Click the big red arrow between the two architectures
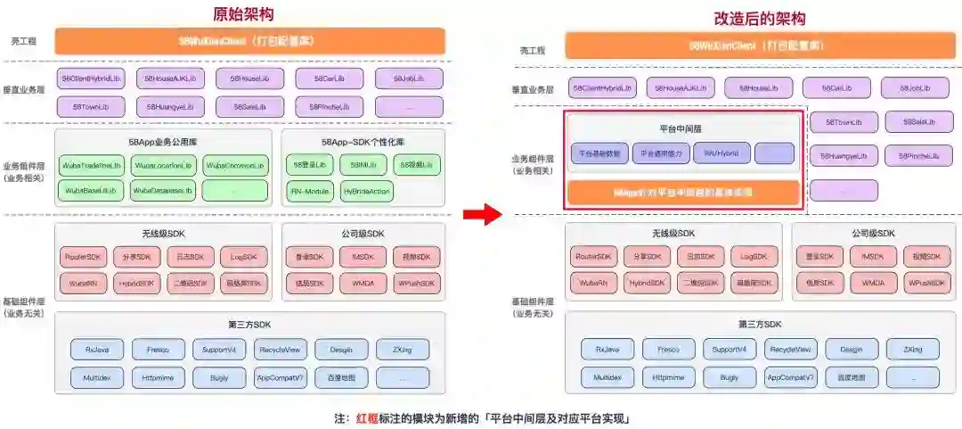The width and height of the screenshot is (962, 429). (481, 213)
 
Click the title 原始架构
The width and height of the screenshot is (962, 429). (243, 14)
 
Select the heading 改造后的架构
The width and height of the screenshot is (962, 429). (761, 18)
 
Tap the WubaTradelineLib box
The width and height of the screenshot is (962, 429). (91, 166)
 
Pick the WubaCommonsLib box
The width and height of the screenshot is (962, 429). (234, 166)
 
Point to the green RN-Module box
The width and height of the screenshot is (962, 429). (309, 191)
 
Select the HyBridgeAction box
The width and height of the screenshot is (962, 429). (366, 191)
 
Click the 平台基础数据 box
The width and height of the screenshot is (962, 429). (599, 153)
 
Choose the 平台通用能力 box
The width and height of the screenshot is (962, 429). (661, 153)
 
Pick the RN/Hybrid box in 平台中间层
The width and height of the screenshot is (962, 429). (721, 153)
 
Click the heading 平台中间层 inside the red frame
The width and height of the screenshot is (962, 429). (681, 128)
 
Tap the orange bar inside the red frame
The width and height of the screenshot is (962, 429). (683, 192)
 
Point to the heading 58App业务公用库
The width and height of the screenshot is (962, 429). (163, 142)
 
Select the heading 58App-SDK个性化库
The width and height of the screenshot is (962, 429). (363, 142)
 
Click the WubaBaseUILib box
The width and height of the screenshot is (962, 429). (91, 190)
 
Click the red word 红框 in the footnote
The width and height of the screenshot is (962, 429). (367, 417)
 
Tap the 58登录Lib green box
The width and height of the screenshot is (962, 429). (309, 166)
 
